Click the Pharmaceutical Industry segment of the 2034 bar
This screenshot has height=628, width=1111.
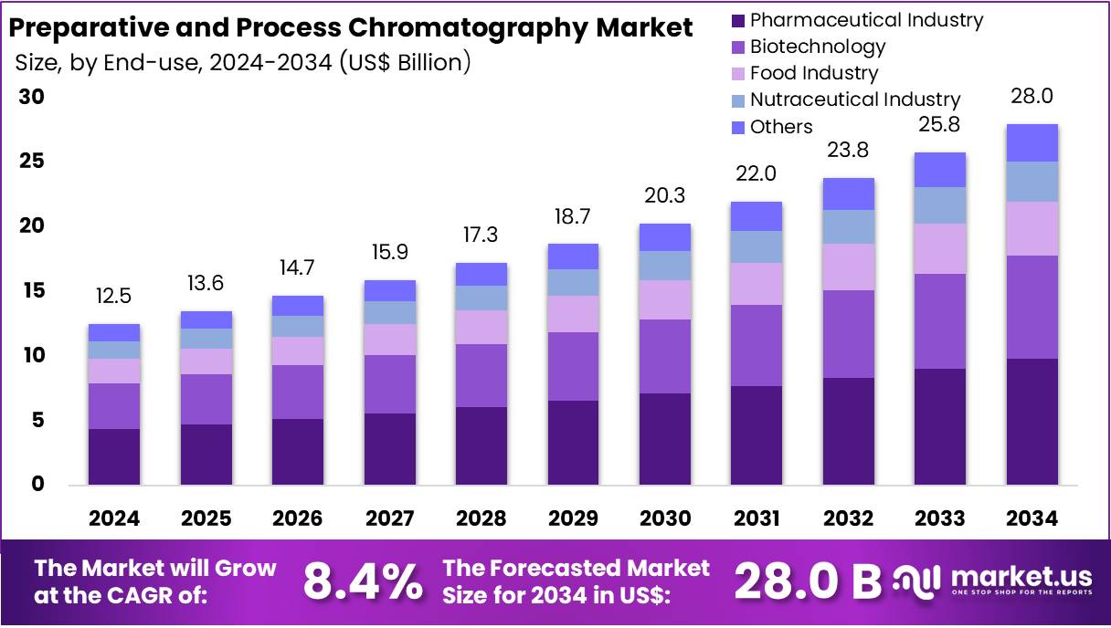click(x=1032, y=421)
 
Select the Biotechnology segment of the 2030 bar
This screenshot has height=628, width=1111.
click(x=664, y=356)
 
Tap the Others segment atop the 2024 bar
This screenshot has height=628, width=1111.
click(x=114, y=332)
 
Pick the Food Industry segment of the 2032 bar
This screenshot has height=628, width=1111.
click(x=848, y=267)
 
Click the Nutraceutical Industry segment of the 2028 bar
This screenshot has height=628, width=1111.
click(x=481, y=298)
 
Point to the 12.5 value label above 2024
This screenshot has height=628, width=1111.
click(x=114, y=297)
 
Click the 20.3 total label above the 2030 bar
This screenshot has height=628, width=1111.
click(x=664, y=196)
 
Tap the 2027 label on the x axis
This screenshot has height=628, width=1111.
click(x=389, y=518)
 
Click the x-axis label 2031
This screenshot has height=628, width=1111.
click(x=757, y=518)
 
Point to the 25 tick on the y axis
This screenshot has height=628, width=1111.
click(x=32, y=162)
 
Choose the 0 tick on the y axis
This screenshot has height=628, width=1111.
click(x=37, y=485)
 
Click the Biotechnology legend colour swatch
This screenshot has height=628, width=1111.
click(x=738, y=47)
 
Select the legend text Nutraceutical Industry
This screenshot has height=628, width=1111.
click(x=854, y=99)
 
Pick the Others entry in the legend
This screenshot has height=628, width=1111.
click(x=781, y=127)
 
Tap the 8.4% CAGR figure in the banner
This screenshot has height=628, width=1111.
click(x=363, y=581)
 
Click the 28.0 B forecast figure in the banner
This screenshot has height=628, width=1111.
click(x=807, y=581)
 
